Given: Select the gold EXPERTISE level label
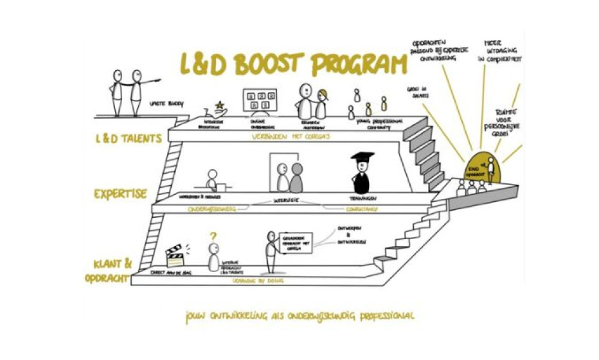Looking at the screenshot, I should [x=121, y=194].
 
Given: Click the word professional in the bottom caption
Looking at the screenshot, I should [x=383, y=316].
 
